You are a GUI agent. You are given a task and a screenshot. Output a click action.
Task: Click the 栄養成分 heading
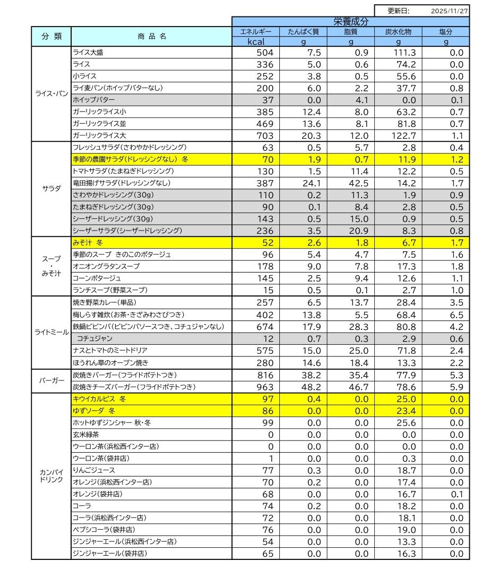(x=350, y=22)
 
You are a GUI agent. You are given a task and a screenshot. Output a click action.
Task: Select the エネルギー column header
(x=256, y=32)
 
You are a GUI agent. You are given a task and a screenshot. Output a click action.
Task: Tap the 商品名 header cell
(x=151, y=36)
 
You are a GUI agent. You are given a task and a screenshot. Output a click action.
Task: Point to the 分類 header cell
(x=51, y=36)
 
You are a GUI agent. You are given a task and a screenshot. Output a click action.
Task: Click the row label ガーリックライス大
(x=99, y=135)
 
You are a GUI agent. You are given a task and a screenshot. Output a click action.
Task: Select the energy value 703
(x=264, y=135)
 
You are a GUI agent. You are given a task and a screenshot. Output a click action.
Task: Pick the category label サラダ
(x=51, y=188)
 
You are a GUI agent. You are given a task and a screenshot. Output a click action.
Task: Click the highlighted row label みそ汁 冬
(x=88, y=242)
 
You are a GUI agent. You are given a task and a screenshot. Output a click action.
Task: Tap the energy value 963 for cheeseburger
(x=264, y=387)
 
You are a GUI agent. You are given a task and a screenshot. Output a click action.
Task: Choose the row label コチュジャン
(x=94, y=338)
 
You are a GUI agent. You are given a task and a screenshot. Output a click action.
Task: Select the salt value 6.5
(x=457, y=315)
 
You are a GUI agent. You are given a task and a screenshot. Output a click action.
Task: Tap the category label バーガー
(x=51, y=381)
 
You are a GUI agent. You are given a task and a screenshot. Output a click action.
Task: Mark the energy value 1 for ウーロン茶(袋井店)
(x=271, y=458)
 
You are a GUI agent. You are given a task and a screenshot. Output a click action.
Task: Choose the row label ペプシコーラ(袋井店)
(x=103, y=530)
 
